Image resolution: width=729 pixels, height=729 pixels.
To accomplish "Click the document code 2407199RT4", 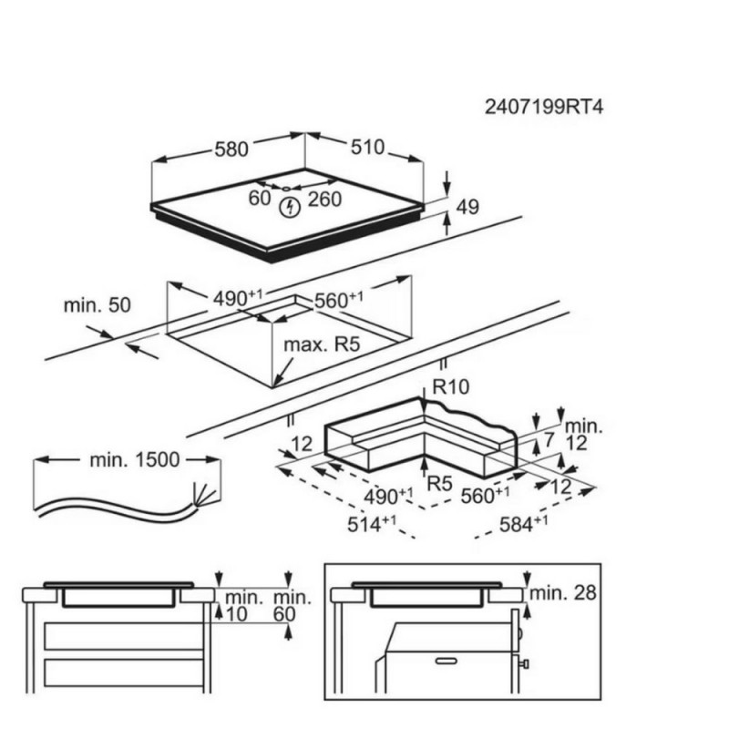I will point(543,107).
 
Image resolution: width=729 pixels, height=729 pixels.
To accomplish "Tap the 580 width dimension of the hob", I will point(232,147).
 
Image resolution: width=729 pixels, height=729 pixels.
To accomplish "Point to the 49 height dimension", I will point(467,208).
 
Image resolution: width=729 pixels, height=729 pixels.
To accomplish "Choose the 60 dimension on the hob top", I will point(260,197).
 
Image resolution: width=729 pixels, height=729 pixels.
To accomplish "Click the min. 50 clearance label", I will point(98,304).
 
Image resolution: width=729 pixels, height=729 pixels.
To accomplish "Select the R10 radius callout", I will point(451,387).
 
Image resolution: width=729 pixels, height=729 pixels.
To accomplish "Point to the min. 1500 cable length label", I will point(134,460).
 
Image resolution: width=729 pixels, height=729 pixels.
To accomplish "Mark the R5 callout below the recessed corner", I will point(442,480).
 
